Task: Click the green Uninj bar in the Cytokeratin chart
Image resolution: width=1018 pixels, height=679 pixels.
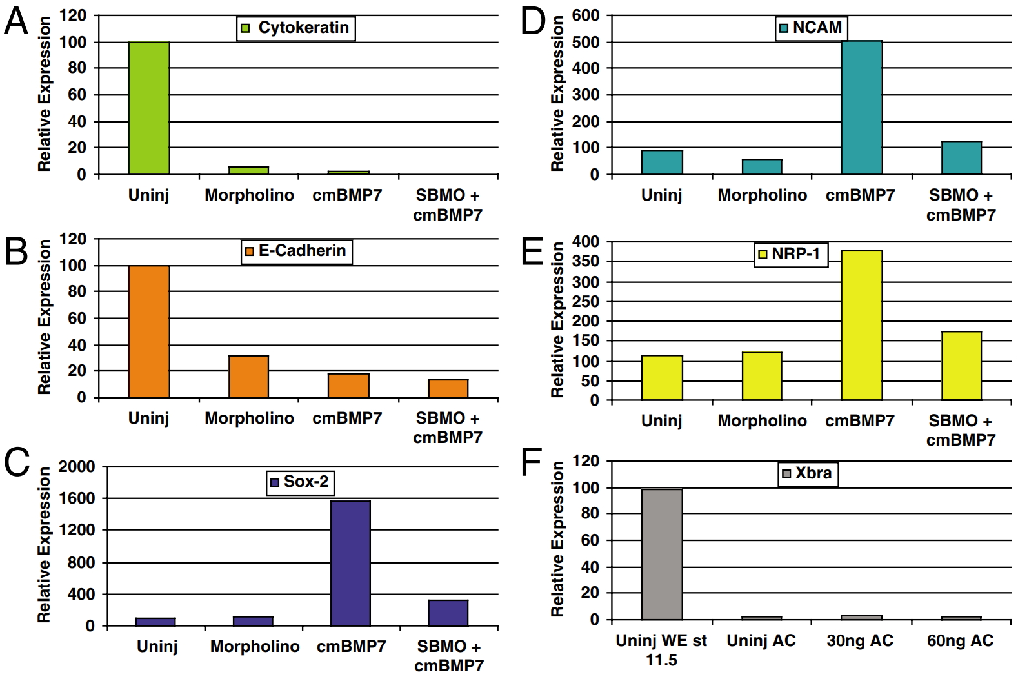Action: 149,108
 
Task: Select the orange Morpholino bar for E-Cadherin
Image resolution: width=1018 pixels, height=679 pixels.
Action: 249,377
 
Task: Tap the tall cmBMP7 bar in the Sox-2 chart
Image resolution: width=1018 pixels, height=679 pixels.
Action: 350,563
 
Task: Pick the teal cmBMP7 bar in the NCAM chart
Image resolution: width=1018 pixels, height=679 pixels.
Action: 862,108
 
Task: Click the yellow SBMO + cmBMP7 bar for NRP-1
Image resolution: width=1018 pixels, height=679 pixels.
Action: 961,366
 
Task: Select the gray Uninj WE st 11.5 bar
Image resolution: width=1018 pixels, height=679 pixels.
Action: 662,554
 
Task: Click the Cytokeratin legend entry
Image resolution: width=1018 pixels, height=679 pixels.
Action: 296,28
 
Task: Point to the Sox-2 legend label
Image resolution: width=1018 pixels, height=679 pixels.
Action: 300,482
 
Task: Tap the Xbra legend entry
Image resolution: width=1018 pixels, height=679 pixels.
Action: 807,473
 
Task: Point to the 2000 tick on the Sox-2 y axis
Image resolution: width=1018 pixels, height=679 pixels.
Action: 77,466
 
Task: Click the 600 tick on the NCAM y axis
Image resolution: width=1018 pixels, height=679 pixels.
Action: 586,15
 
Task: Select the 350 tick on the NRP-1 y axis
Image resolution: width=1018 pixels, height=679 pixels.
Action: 586,261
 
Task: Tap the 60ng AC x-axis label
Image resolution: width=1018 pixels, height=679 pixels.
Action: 960,640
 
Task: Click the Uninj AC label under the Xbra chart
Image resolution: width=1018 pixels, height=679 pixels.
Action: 761,640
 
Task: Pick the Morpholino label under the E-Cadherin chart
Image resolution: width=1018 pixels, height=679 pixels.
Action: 249,418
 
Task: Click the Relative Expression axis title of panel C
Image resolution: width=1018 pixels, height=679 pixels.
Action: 44,545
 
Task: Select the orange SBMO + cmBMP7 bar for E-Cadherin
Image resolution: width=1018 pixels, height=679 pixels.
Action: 448,388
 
